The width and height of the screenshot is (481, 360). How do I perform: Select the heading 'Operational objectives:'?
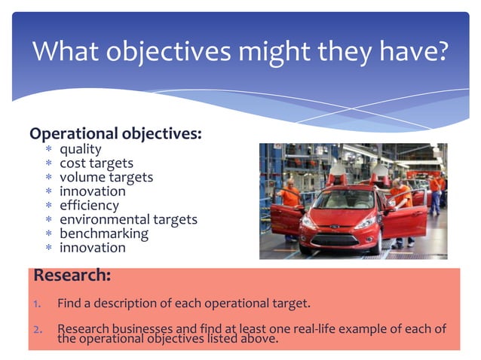(115, 134)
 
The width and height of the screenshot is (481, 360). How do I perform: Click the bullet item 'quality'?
(81, 149)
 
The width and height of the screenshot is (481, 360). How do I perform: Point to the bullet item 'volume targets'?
(106, 177)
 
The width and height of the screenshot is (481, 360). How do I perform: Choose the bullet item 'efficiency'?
(89, 205)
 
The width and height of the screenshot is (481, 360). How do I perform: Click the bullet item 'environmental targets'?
(128, 219)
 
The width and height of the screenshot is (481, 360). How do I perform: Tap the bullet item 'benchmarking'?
(104, 233)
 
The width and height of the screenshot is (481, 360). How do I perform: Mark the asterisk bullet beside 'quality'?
(48, 150)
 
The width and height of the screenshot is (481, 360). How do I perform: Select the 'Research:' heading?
(72, 276)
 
